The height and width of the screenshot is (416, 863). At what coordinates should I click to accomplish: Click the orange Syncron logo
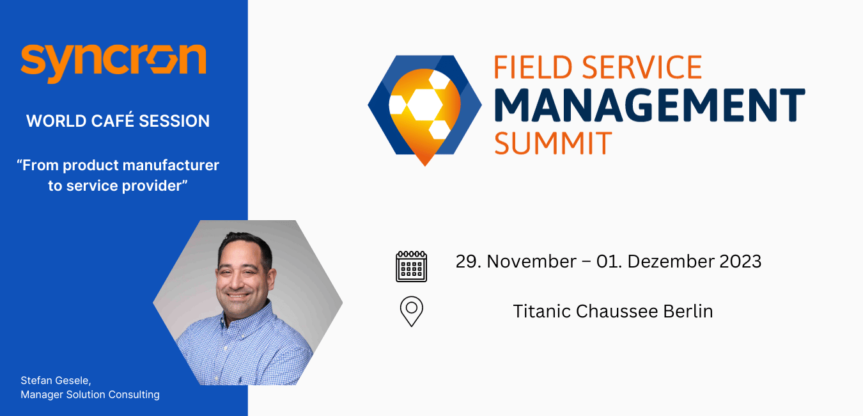pos(114,63)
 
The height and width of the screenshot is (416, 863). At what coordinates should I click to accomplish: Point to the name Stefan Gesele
pos(56,381)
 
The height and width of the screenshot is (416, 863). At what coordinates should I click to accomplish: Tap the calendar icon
pos(412,266)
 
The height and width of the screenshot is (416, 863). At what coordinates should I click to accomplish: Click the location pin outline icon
pos(412,312)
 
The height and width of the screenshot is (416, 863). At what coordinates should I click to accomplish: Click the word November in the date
pos(532,261)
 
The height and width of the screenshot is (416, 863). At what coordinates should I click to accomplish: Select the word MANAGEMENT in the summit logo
pos(650,105)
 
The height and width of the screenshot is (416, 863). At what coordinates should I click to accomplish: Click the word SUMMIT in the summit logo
pos(553,143)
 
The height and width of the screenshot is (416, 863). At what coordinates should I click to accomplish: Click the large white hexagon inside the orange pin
pos(425,104)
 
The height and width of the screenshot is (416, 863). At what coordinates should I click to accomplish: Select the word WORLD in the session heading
pos(56,121)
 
